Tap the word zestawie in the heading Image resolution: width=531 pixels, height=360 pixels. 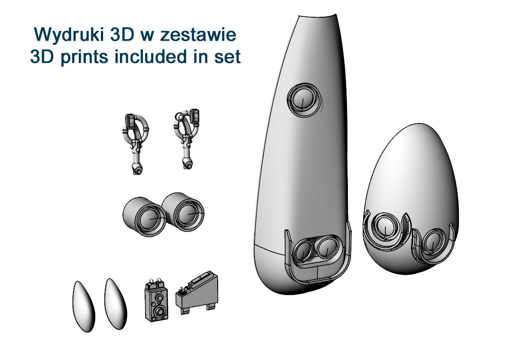pyautogui.click(x=198, y=35)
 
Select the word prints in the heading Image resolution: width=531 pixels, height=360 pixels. pyautogui.click(x=85, y=57)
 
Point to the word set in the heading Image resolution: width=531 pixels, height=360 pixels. pyautogui.click(x=227, y=57)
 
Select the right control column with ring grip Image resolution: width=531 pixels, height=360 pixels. pyautogui.click(x=187, y=138)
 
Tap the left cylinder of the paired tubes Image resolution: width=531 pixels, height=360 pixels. pyautogui.click(x=144, y=217)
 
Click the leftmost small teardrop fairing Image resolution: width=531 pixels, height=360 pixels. pyautogui.click(x=84, y=306)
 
